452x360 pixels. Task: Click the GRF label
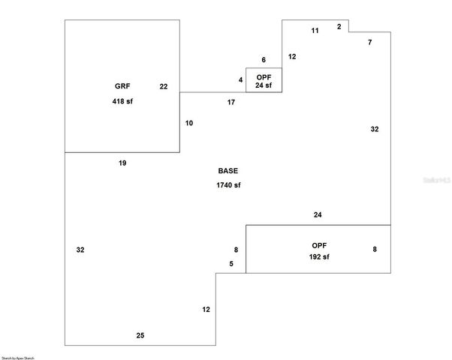122,86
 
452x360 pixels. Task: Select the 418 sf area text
122,101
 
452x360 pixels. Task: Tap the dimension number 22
164,86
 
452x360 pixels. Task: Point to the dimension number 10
189,122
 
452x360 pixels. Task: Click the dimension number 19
122,163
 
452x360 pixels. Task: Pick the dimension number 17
231,101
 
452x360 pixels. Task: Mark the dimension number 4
241,79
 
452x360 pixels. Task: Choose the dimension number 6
264,60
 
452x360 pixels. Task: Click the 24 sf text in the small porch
264,85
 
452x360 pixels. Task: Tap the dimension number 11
315,30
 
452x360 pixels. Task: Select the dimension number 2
339,26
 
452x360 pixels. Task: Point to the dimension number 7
369,43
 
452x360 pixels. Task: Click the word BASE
228,170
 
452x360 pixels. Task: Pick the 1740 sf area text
228,184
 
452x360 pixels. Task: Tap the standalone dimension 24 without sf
318,215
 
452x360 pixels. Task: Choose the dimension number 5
231,263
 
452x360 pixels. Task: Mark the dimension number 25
140,335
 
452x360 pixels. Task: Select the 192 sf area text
319,256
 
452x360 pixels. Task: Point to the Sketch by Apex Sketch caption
17,358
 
